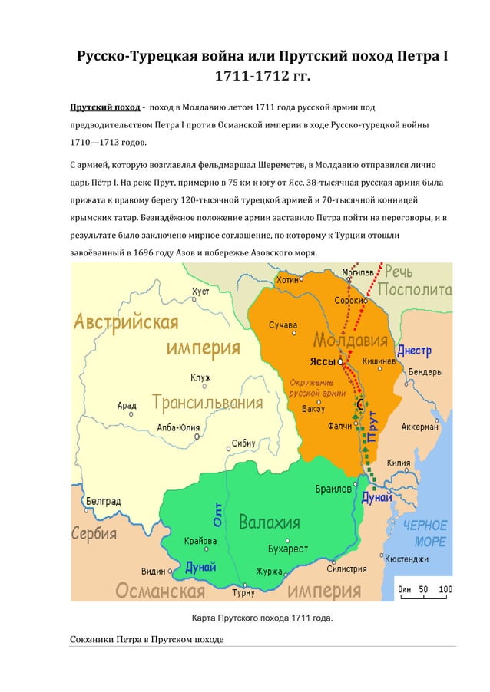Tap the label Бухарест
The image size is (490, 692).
click(288, 549)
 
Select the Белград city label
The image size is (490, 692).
click(102, 500)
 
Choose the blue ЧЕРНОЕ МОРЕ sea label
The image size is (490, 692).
click(425, 533)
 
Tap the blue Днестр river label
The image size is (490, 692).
click(414, 351)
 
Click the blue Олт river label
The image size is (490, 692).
click(218, 513)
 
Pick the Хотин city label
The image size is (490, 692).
click(287, 280)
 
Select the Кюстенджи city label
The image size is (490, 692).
click(412, 559)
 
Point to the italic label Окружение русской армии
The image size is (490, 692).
click(311, 387)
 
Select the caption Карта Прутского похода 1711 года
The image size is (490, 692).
click(261, 619)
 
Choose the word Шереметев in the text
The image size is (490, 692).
click(271, 164)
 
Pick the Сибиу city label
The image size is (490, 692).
click(243, 443)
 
